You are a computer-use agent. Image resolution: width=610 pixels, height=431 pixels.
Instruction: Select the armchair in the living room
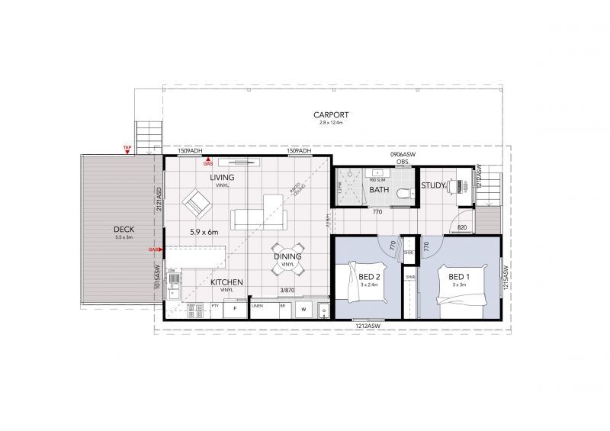coord(196,204)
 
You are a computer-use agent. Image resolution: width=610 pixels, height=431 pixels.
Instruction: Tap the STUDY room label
coord(433,185)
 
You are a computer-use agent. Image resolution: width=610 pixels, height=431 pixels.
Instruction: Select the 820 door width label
coord(462,227)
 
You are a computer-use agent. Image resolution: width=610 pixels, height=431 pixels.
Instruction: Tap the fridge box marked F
coord(235,310)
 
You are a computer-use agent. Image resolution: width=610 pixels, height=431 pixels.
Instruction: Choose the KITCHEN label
coord(227,282)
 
